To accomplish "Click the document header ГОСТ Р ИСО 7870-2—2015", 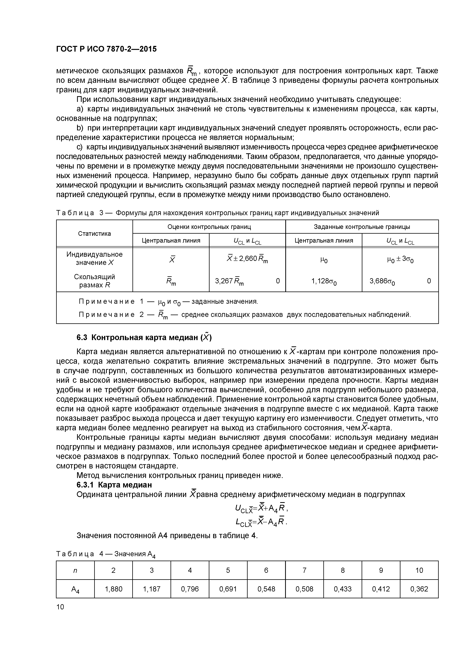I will pos(106,49).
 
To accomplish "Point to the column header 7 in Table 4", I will pos(305,570).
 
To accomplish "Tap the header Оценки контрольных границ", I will pos(209,227).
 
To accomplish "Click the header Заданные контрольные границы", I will pos(362,227).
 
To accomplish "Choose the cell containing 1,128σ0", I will pos(324,281).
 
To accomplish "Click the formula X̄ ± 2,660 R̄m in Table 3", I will pos(247,258).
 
